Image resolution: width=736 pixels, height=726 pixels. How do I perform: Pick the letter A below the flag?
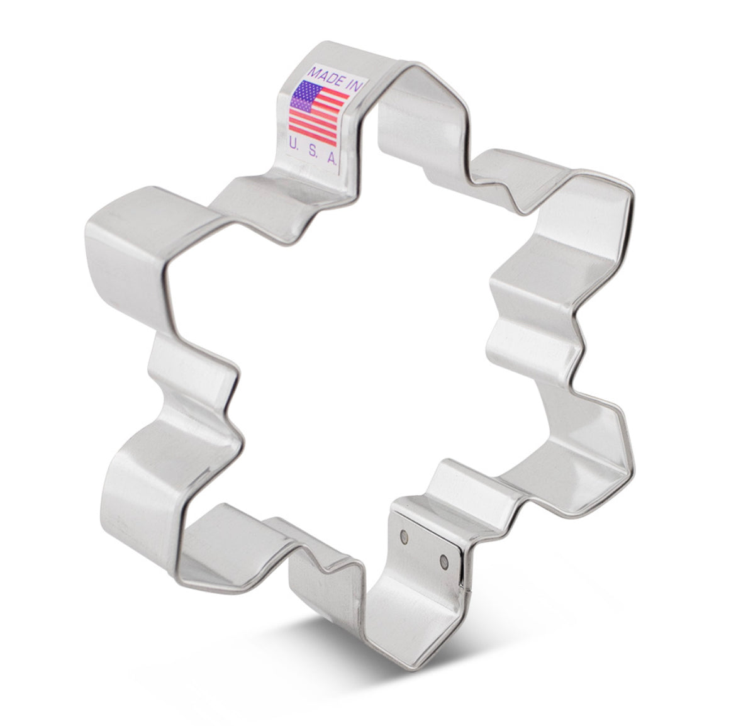click(x=332, y=159)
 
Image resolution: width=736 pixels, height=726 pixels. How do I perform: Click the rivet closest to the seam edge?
click(x=444, y=560)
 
